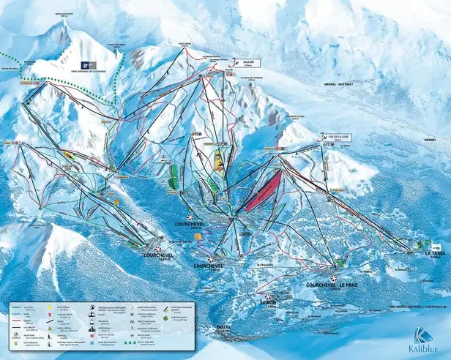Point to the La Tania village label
(x=434, y=253)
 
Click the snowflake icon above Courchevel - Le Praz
(x=333, y=278)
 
